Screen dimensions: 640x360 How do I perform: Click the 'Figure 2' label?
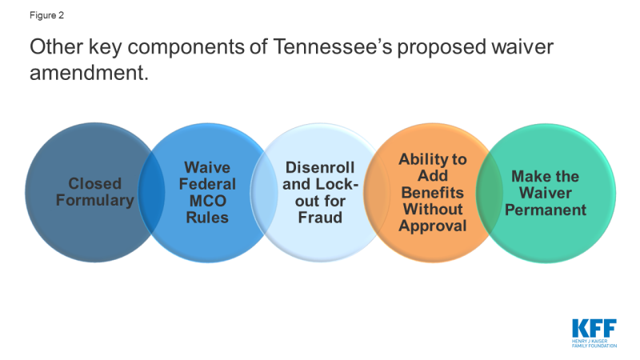coord(46,15)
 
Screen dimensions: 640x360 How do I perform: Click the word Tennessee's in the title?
coord(332,46)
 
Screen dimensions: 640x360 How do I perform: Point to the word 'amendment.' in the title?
coord(89,73)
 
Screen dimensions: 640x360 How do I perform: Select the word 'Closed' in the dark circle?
coord(94,184)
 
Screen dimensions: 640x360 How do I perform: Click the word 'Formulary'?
coord(94,201)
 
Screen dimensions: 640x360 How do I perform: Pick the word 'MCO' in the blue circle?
coord(207,201)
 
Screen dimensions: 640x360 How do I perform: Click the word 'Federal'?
coord(207,184)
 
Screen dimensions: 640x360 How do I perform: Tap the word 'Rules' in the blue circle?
coord(207,218)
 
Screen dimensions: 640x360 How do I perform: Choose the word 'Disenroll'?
coord(320,167)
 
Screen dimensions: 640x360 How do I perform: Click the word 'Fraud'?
coord(320,218)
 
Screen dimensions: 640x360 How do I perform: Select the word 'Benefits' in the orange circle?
coord(433,193)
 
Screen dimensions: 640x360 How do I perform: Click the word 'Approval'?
coord(433,226)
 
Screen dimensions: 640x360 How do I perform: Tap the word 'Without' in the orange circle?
coord(433,210)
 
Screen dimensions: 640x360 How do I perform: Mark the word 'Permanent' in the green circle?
coord(546,210)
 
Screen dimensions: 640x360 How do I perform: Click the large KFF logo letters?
coord(594,328)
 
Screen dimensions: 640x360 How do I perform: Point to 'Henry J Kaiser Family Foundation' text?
coord(594,343)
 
